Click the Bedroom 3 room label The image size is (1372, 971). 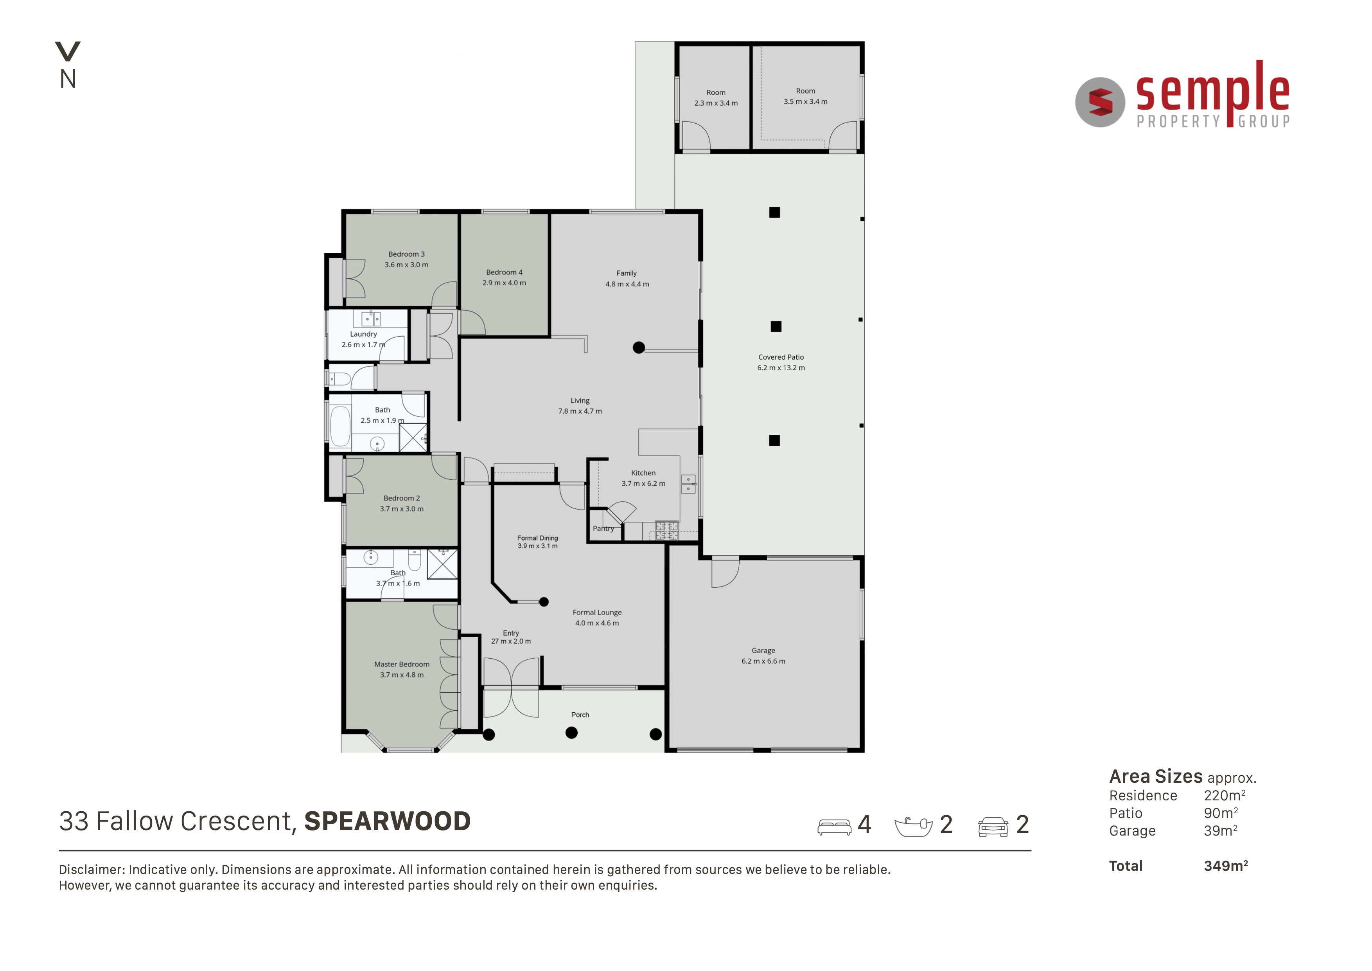coord(406,254)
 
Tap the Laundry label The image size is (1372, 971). coord(363,334)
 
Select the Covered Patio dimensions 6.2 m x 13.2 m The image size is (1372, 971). coord(781,368)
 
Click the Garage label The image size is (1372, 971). coord(763,650)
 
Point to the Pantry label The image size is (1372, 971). coord(603,528)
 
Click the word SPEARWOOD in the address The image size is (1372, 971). coord(387,821)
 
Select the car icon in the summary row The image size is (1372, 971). coord(993,827)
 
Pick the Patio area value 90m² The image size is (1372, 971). coord(1221,813)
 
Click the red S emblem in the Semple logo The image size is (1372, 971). coord(1100,102)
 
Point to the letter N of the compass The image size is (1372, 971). coord(68,79)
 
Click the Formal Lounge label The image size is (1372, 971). coord(597,612)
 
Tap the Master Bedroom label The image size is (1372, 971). coord(402,664)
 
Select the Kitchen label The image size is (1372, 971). coord(643,473)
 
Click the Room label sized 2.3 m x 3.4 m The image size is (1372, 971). coord(716,93)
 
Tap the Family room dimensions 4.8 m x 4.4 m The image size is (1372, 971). coord(627,284)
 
